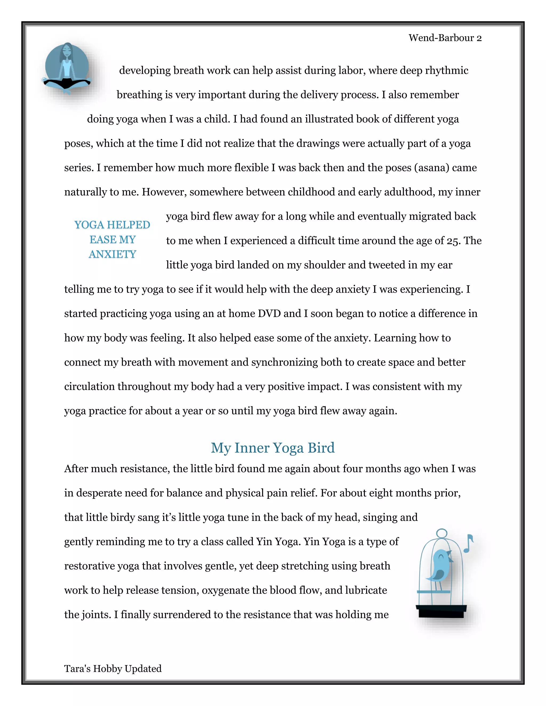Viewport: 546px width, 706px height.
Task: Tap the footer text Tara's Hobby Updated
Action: click(113, 668)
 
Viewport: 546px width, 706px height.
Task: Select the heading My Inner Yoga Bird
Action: click(273, 448)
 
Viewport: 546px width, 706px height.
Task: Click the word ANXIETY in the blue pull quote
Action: click(112, 254)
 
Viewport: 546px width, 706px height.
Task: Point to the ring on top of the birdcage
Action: click(441, 533)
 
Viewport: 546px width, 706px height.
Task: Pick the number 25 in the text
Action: click(453, 241)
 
